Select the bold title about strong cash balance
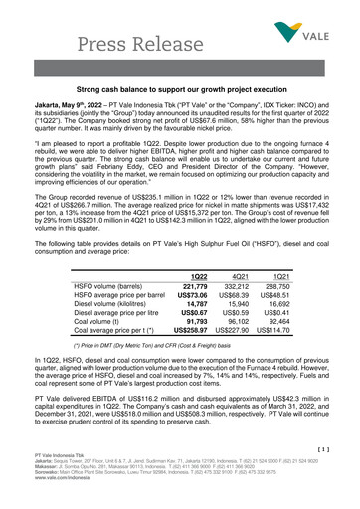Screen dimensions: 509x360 click(180, 89)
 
